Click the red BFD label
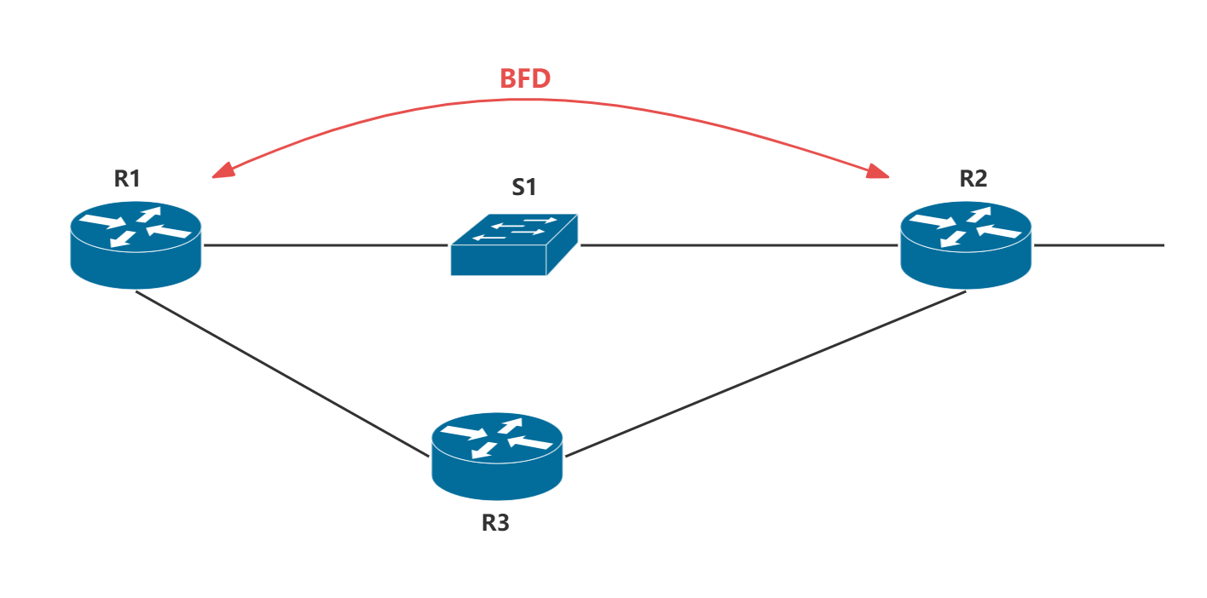coord(525,78)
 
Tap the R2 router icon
coord(966,244)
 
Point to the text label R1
coord(127,178)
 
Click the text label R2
coord(973,178)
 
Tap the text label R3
coord(495,522)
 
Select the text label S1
coord(524,187)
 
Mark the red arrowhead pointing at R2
coord(879,172)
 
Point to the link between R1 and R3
coord(281,373)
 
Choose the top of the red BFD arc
coord(546,101)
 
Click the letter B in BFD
coord(507,78)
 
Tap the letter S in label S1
coord(518,187)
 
